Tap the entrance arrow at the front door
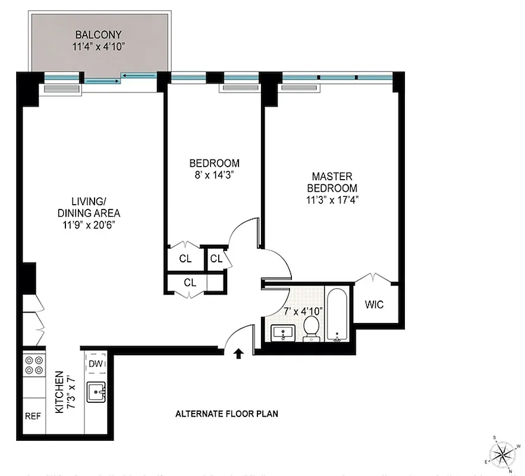238,354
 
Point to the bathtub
337,315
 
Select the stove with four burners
33,364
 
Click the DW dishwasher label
96,364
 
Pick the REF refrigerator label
33,416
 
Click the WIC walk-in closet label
374,305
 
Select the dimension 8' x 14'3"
214,175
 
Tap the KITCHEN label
59,393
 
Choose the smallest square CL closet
216,259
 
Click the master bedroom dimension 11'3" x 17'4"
332,200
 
